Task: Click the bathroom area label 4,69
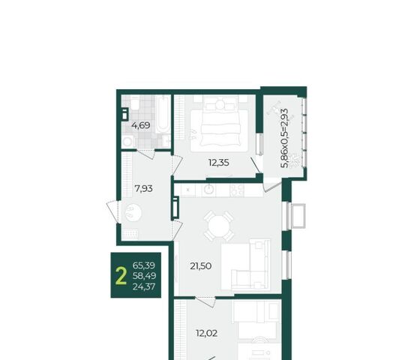[x=141, y=125]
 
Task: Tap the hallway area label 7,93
[x=143, y=188]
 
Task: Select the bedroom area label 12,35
[x=218, y=163]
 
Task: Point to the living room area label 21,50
[x=201, y=265]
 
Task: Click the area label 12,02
[x=207, y=333]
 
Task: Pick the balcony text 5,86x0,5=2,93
[x=285, y=138]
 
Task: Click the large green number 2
[x=121, y=276]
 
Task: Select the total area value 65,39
[x=144, y=265]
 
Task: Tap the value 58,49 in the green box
[x=144, y=276]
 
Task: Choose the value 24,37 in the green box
[x=144, y=286]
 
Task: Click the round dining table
[x=218, y=225]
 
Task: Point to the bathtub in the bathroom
[x=163, y=115]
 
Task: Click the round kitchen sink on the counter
[x=208, y=190]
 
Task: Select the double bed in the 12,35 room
[x=219, y=124]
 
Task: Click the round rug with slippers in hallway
[x=133, y=212]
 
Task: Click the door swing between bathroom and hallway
[x=145, y=154]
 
